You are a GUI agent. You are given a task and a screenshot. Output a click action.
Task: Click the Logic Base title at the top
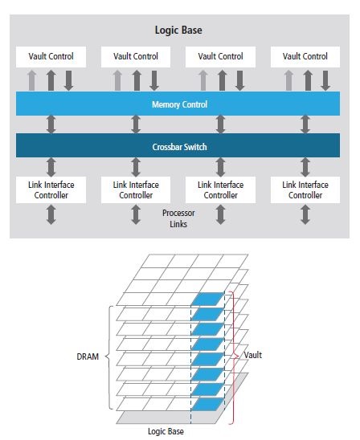pyautogui.click(x=178, y=30)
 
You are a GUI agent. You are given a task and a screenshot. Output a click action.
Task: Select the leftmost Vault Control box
pyautogui.click(x=51, y=57)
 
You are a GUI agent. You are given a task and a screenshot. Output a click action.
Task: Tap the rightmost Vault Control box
pyautogui.click(x=305, y=57)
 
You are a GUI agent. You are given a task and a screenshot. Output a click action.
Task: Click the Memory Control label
pyautogui.click(x=179, y=104)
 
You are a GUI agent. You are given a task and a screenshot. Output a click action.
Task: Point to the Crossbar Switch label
pyautogui.click(x=179, y=147)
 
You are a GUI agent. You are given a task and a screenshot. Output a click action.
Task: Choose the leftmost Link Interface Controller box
pyautogui.click(x=51, y=189)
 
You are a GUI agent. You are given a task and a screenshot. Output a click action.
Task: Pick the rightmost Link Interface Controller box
pyautogui.click(x=305, y=189)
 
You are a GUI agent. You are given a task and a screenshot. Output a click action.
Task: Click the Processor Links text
pyautogui.click(x=178, y=218)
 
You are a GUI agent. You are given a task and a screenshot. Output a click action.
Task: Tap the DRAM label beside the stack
pyautogui.click(x=88, y=356)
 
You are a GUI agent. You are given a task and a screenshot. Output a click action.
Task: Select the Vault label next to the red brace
pyautogui.click(x=253, y=355)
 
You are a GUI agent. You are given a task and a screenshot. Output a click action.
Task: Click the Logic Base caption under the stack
pyautogui.click(x=166, y=431)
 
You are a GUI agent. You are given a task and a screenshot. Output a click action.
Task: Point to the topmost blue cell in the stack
pyautogui.click(x=207, y=299)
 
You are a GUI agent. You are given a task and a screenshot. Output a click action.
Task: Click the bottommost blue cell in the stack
pyautogui.click(x=207, y=404)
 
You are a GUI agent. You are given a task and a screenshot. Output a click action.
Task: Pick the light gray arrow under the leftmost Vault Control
pyautogui.click(x=32, y=80)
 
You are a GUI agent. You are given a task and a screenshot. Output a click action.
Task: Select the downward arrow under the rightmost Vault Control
pyautogui.click(x=325, y=80)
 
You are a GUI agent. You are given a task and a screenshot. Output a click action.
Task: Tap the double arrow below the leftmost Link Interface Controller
pyautogui.click(x=51, y=214)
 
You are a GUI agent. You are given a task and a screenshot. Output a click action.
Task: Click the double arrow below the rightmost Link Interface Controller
pyautogui.click(x=305, y=214)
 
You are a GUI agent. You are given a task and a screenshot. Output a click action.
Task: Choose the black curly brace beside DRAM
pyautogui.click(x=109, y=357)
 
